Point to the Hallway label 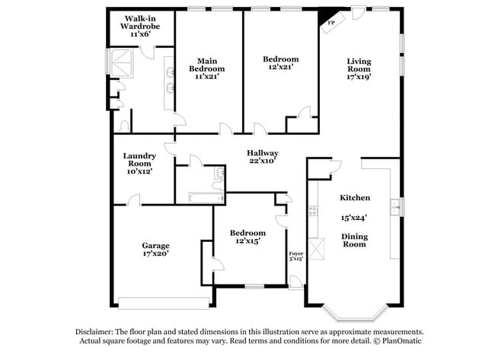[261, 152]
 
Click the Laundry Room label [139, 160]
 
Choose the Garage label [155, 246]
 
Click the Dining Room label [354, 241]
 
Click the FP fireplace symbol [331, 23]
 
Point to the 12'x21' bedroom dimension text [280, 67]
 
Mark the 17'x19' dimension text [359, 76]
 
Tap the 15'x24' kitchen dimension [354, 217]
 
